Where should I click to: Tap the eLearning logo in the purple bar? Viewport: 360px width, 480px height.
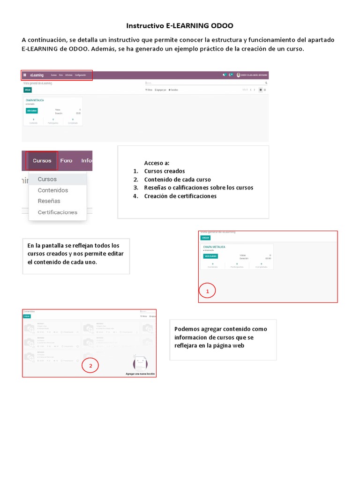37,75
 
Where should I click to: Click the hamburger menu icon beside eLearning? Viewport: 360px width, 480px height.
25,75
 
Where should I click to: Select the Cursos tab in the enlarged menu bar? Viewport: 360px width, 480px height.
42,160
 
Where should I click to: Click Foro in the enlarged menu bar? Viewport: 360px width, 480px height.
67,160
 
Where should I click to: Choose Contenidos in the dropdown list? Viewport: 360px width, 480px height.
52,190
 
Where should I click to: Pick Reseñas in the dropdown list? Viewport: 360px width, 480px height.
49,201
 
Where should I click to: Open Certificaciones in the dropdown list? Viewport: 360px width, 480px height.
57,212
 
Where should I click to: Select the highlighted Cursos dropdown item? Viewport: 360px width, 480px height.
47,179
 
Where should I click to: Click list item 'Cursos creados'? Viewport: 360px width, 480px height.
164,171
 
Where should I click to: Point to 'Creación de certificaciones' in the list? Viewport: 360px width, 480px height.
180,196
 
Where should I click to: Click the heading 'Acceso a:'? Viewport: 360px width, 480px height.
157,163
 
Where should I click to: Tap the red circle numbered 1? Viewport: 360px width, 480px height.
207,291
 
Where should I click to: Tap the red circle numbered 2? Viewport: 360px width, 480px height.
90,366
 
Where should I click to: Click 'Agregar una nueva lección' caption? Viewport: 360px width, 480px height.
140,374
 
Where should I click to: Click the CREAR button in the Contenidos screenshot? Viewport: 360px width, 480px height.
27,316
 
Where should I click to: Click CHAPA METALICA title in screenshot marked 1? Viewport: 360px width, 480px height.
214,247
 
